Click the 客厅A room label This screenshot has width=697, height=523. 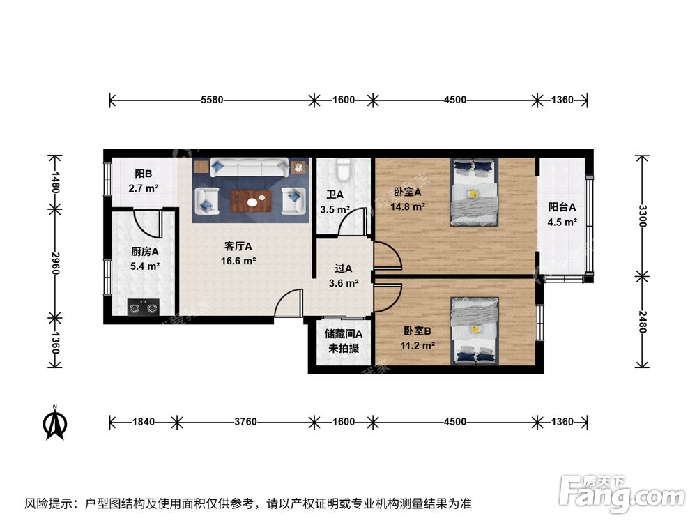coord(238,246)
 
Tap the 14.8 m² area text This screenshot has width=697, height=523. coord(409,206)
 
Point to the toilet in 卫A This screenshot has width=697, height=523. coord(343,170)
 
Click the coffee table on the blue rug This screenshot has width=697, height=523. coord(250,200)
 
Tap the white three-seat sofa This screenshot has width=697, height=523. coord(250,168)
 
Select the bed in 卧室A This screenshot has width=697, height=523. coord(474,192)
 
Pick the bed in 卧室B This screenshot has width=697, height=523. coord(475,331)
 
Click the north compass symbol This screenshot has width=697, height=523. coord(54,423)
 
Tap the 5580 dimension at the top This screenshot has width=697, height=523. coord(211,100)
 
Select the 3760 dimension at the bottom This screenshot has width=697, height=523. coord(245,422)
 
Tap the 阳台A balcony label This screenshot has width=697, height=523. coord(562,207)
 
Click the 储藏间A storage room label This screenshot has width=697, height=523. coord(343,334)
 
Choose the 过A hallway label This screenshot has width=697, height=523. coord(343,268)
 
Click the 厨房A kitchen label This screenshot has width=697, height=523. coord(145,252)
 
